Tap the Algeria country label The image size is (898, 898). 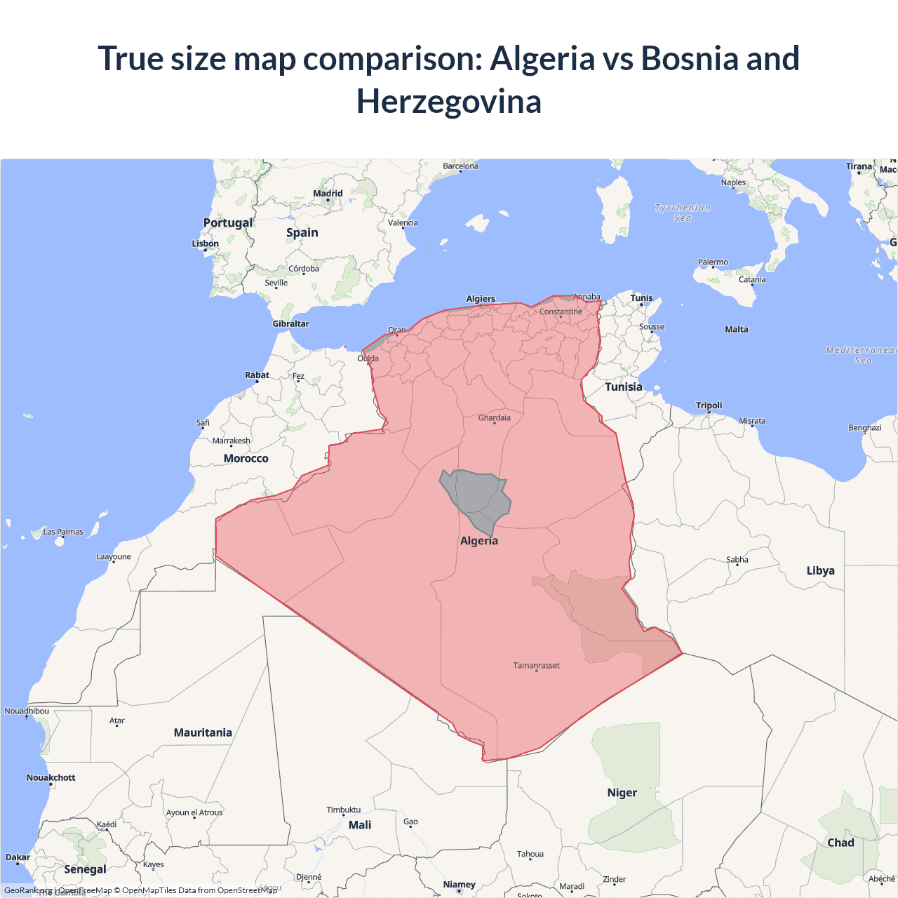[479, 541]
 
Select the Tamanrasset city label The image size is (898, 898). [536, 666]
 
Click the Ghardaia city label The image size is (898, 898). [495, 418]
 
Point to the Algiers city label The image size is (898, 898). [481, 299]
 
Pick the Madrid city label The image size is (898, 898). [328, 194]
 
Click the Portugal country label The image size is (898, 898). [227, 223]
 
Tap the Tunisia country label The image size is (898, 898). [623, 387]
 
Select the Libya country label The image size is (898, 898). [820, 571]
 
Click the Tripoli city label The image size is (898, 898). [709, 406]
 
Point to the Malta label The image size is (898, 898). [736, 330]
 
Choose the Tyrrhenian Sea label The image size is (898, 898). [683, 213]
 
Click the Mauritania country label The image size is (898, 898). [203, 733]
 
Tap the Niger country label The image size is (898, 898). [622, 793]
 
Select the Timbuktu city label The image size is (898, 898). [343, 810]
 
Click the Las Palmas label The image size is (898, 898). [63, 532]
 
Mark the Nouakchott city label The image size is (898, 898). [51, 778]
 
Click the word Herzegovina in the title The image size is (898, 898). [449, 102]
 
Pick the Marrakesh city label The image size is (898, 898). [231, 441]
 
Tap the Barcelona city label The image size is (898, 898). [460, 166]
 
